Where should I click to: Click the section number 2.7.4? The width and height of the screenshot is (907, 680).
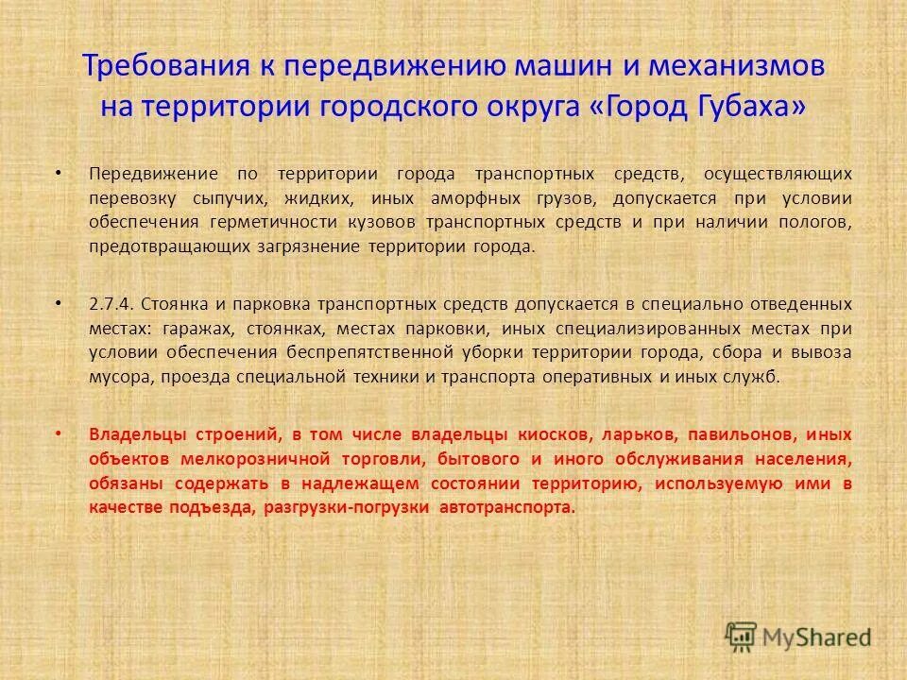[x=113, y=304]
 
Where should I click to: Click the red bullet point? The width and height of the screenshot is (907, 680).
[x=58, y=434]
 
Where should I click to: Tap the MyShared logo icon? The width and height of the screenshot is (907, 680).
[x=741, y=636]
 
